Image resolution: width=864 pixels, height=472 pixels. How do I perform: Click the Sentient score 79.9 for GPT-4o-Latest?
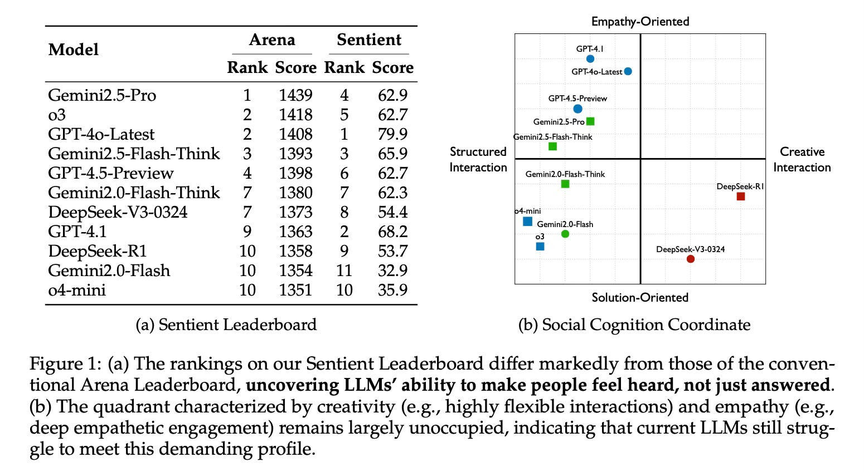[392, 134]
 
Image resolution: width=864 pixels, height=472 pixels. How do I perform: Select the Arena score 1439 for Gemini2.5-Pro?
[295, 95]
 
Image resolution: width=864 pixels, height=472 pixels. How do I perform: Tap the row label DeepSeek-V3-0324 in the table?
[118, 212]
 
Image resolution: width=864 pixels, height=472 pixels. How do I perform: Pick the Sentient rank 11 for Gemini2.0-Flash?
[344, 271]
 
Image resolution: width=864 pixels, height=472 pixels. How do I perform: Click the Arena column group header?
[272, 40]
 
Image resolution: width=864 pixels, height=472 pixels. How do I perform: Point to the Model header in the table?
[74, 50]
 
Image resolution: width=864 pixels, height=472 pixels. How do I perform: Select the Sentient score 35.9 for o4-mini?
[392, 290]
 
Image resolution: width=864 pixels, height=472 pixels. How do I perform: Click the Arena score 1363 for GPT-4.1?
[295, 232]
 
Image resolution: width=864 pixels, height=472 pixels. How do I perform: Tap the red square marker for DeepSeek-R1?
[740, 196]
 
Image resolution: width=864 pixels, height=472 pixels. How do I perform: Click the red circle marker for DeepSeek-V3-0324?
[690, 259]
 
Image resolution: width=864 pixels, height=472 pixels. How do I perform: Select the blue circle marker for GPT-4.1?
[590, 59]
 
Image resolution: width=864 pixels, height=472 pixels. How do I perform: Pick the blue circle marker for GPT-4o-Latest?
[628, 71]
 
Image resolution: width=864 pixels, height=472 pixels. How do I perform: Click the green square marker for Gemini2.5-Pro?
[590, 121]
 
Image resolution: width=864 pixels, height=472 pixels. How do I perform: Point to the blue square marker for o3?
[540, 247]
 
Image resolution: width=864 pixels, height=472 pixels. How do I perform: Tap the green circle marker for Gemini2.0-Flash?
[565, 234]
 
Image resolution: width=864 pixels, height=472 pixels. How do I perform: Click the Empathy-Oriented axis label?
[640, 22]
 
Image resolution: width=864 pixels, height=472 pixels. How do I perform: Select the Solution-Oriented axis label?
[640, 298]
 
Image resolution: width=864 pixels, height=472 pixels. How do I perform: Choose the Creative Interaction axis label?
[802, 160]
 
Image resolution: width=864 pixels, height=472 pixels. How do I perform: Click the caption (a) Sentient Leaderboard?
[226, 325]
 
